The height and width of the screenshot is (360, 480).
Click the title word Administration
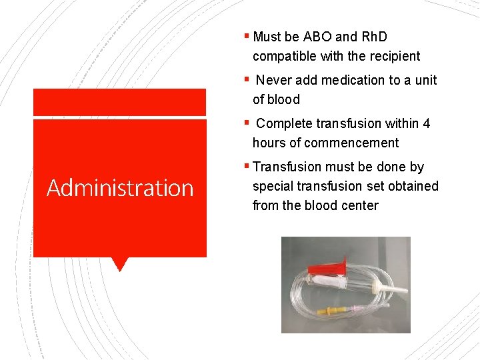point(120,188)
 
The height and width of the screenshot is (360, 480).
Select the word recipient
point(391,56)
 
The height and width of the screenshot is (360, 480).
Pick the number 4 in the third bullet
point(427,123)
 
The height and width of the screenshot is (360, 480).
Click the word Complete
point(284,123)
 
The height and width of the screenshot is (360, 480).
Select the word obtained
point(415,186)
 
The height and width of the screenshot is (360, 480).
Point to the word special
point(272,186)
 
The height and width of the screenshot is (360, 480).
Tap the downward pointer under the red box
point(120,264)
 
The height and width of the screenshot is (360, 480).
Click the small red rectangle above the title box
point(120,102)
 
